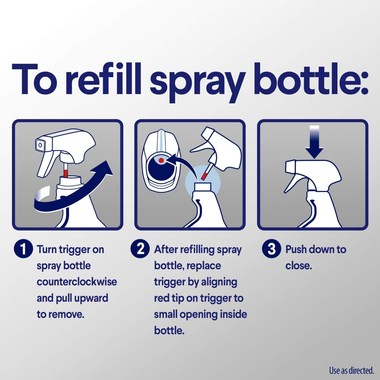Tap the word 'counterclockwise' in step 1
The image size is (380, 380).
77,282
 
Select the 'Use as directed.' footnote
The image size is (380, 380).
351,370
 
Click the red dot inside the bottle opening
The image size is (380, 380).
161,160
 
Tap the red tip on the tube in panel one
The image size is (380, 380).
66,174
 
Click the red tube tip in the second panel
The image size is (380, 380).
205,175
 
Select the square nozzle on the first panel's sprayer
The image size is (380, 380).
40,145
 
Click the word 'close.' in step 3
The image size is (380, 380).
298,266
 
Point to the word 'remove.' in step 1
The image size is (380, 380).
66,314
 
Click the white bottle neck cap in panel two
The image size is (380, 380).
203,187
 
